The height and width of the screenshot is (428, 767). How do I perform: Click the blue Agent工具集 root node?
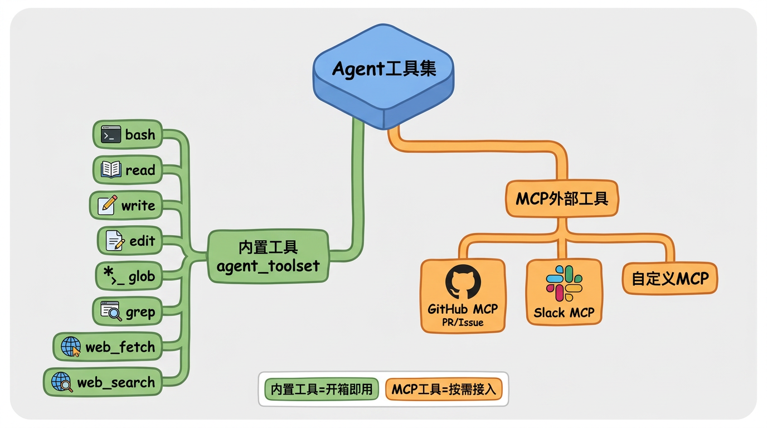coord(384,76)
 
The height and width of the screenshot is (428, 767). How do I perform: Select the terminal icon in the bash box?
coord(111,134)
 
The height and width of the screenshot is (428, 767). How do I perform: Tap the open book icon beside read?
coord(111,169)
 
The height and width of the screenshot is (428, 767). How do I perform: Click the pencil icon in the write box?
coord(108,205)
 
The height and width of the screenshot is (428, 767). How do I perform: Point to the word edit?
coord(143,241)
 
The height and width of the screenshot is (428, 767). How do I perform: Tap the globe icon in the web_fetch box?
coord(71,347)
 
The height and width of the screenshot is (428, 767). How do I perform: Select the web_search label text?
coord(116,382)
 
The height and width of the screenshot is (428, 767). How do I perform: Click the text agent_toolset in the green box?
coord(268,266)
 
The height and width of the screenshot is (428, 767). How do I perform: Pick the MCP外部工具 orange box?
coord(562,198)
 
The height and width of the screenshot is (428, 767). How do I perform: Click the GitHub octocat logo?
coord(463,281)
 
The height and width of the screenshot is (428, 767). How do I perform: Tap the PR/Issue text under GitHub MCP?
coord(463,323)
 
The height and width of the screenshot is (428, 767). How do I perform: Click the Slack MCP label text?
coord(564,313)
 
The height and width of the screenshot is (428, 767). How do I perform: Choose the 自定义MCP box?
coord(670,279)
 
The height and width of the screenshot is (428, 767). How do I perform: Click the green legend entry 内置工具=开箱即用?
coord(322,390)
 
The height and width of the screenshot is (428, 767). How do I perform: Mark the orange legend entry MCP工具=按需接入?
coord(444,390)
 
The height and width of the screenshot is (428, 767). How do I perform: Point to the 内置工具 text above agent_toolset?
coord(268,247)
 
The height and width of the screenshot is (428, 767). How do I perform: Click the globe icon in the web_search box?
coord(62,382)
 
